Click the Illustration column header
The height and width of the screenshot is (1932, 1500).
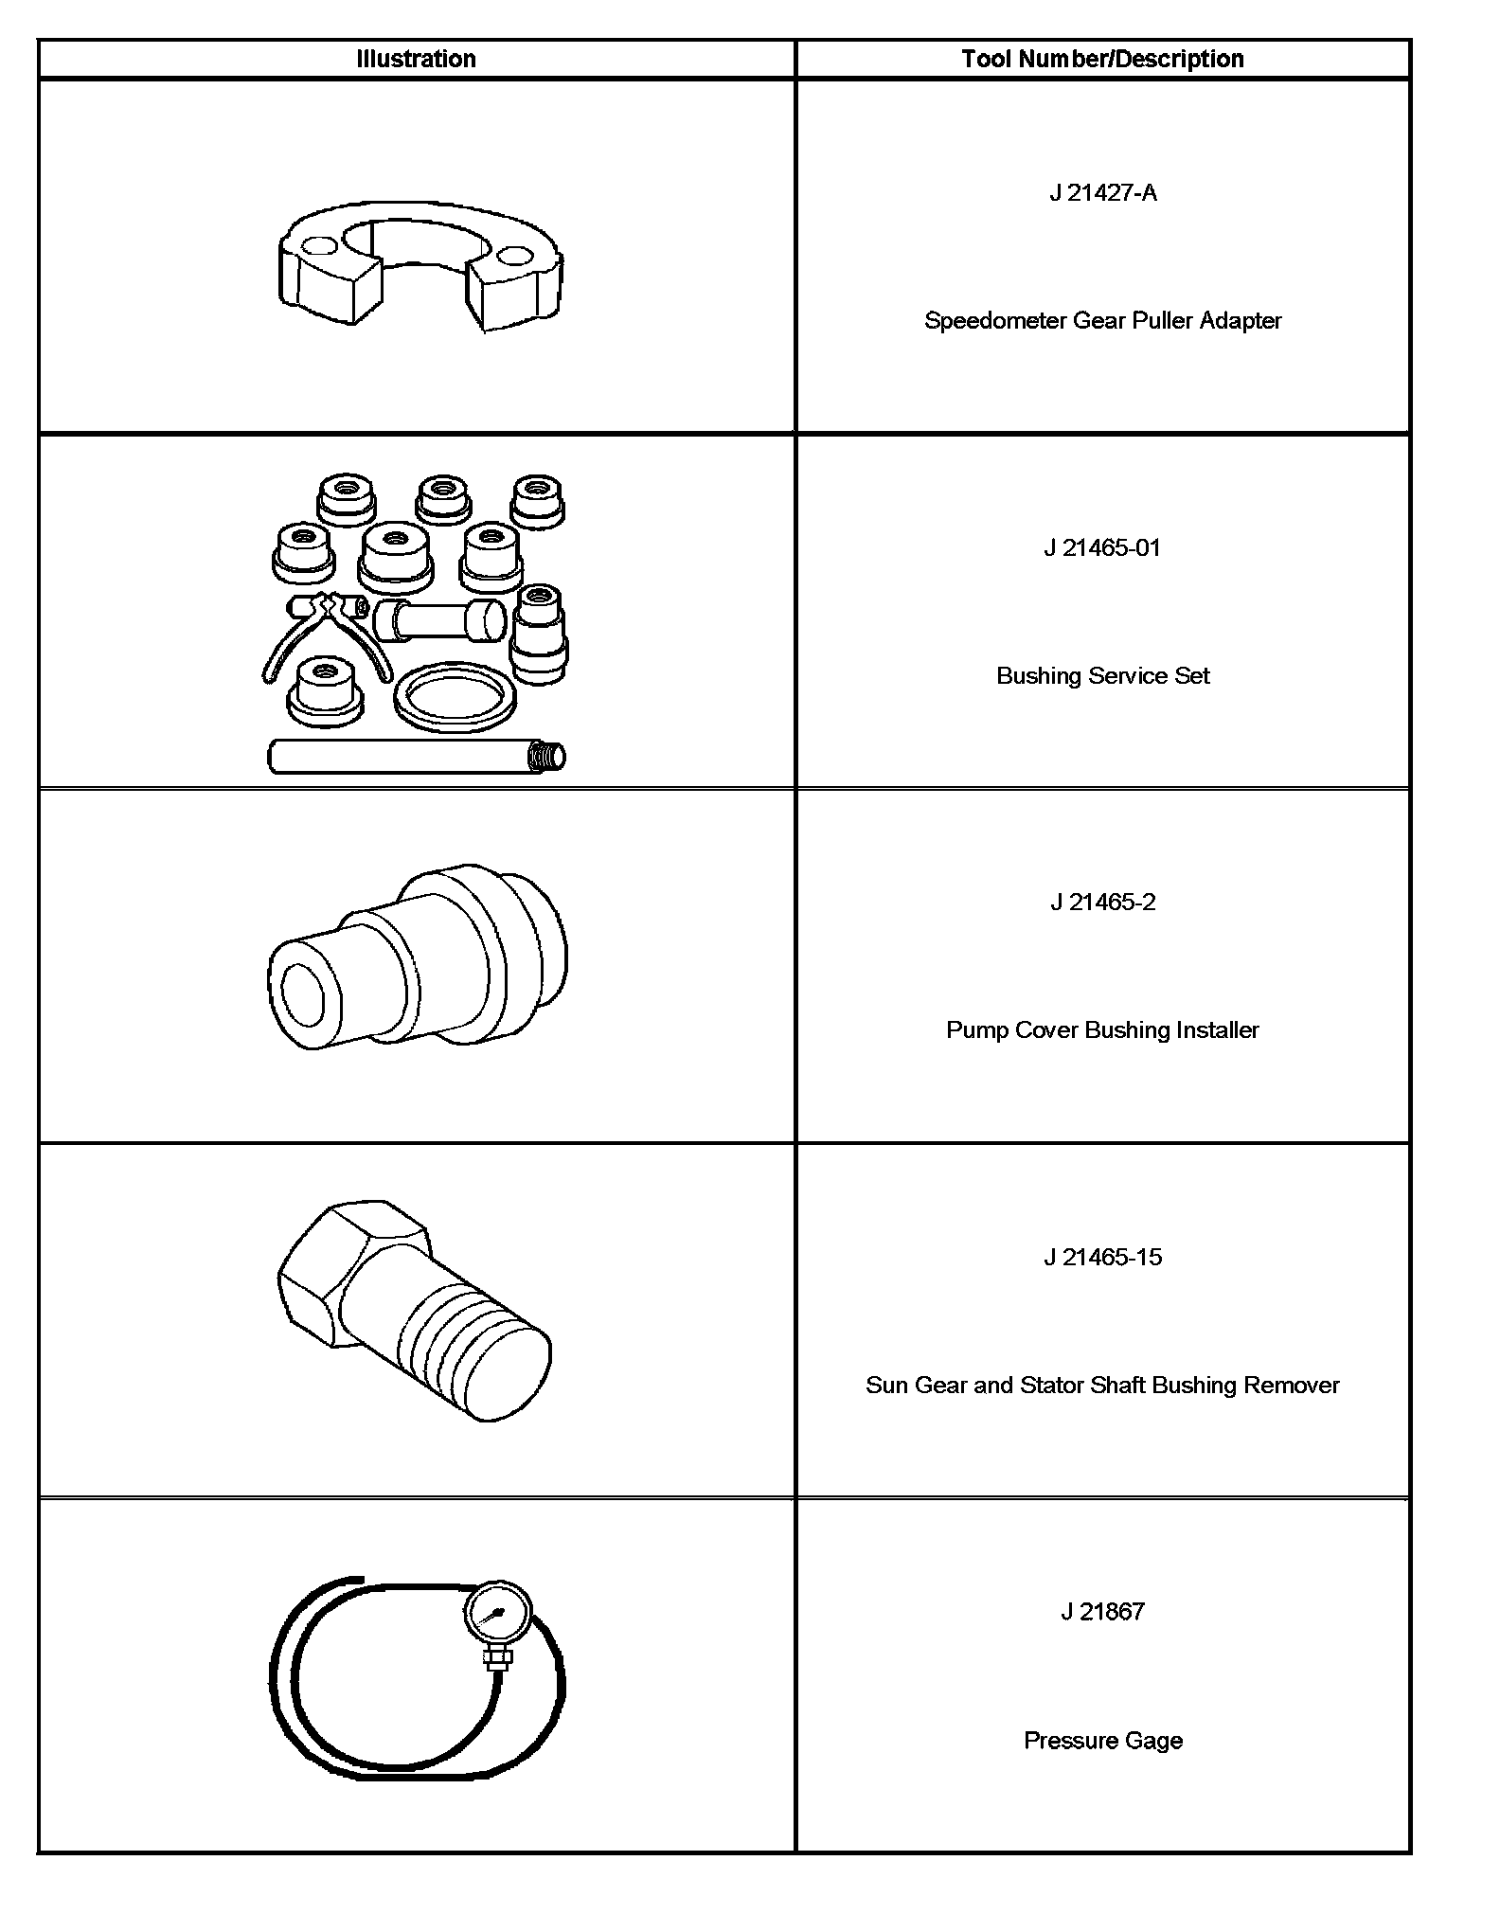(x=416, y=59)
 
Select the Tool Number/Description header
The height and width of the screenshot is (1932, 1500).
(x=1102, y=59)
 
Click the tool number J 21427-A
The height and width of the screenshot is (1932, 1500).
(x=1102, y=193)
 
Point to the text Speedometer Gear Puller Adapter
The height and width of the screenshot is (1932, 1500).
(x=1102, y=320)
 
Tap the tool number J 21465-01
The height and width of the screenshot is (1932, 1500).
(x=1102, y=548)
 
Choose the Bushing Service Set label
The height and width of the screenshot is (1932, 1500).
(x=1102, y=675)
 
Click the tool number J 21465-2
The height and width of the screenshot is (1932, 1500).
(x=1102, y=903)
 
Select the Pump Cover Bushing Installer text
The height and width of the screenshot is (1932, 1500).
(x=1102, y=1029)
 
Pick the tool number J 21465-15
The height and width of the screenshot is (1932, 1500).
(x=1102, y=1258)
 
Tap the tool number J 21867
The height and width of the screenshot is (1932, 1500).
(x=1102, y=1612)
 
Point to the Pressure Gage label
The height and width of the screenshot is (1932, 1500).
(x=1102, y=1740)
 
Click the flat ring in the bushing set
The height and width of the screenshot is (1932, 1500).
(x=455, y=700)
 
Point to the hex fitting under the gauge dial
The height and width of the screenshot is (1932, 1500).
(x=497, y=1657)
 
